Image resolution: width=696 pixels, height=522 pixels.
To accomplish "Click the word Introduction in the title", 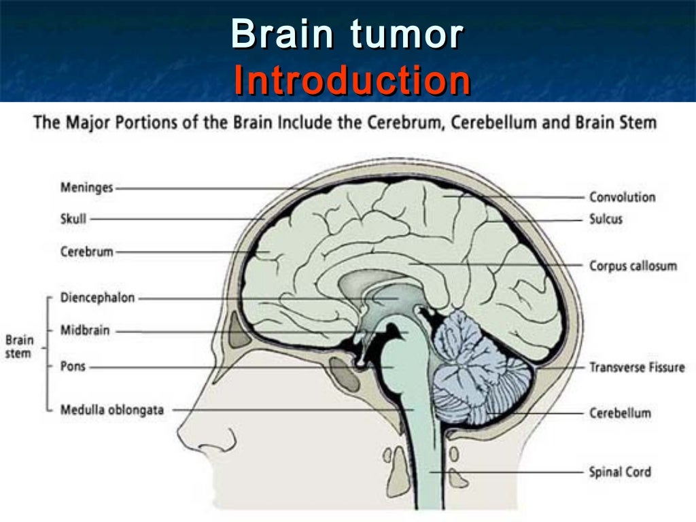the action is (351, 82).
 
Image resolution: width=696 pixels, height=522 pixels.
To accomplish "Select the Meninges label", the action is (86, 188).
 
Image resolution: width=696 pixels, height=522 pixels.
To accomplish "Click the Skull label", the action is (73, 219).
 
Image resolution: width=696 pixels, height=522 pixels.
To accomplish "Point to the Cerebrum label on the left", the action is (86, 252).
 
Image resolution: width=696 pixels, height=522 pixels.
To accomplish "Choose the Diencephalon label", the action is (98, 298).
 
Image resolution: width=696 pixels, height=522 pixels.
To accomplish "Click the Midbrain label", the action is (84, 331).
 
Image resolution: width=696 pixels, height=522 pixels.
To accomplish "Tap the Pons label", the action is (73, 367).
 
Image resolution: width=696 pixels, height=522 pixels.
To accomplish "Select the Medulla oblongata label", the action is (111, 410).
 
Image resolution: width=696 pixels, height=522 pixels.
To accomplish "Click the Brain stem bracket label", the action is (19, 346).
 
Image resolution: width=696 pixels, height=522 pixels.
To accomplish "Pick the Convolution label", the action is (622, 197).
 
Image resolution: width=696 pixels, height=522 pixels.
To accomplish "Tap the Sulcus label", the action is (606, 220).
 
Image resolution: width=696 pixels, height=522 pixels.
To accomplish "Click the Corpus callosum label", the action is (633, 265).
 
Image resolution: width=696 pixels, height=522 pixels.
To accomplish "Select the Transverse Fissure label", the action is (637, 368).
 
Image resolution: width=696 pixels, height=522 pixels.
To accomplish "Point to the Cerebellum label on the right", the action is (620, 413).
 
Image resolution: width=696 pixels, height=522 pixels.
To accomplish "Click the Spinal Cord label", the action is (620, 472).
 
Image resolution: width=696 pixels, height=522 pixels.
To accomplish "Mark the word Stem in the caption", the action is (640, 123).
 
